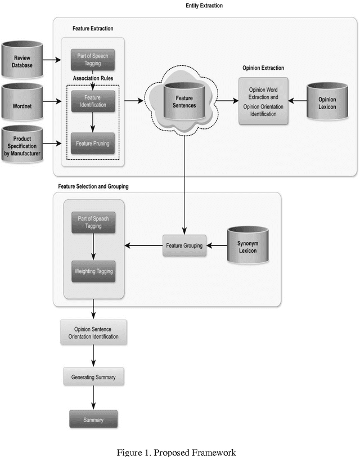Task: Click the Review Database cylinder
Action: (x=22, y=60)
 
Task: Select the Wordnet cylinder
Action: (x=22, y=102)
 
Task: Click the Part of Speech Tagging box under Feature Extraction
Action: (x=93, y=58)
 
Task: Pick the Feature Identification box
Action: (x=93, y=101)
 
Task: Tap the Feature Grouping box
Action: (x=184, y=245)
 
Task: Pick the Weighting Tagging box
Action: (x=93, y=271)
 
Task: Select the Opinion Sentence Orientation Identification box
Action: (x=93, y=332)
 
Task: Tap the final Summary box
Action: (x=93, y=419)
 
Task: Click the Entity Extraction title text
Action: (x=204, y=5)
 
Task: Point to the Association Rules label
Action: (x=93, y=78)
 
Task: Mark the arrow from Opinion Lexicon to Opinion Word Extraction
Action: (x=297, y=102)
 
